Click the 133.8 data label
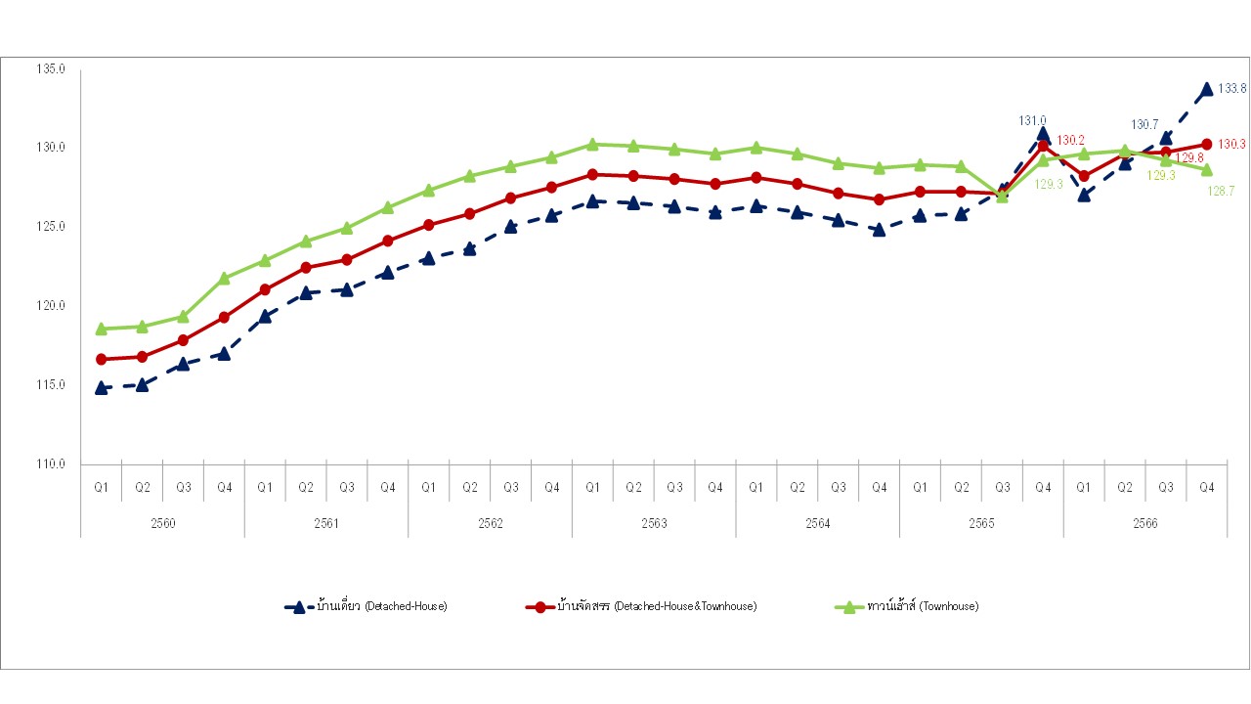1232,89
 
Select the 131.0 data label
1032,120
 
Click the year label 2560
162,524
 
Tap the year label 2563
654,524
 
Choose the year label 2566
1145,524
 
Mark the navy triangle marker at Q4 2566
1207,89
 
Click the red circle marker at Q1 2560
101,359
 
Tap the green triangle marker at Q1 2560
101,329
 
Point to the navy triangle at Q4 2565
1043,134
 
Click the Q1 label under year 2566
1084,487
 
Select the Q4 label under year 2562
551,487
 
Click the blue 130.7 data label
1144,125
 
